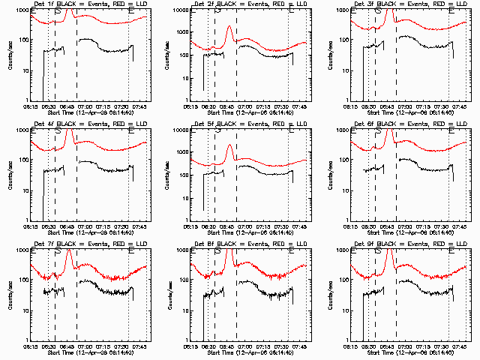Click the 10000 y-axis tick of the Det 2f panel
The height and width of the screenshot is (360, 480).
pyautogui.click(x=178, y=10)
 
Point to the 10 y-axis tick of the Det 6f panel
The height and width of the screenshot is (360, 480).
pyautogui.click(x=342, y=190)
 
